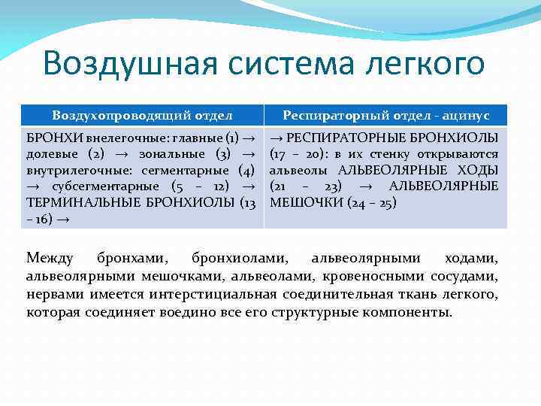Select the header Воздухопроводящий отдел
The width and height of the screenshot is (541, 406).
pyautogui.click(x=142, y=115)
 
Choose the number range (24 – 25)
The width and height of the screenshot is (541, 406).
pyautogui.click(x=371, y=201)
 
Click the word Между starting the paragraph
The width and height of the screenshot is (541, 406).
pyautogui.click(x=50, y=259)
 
